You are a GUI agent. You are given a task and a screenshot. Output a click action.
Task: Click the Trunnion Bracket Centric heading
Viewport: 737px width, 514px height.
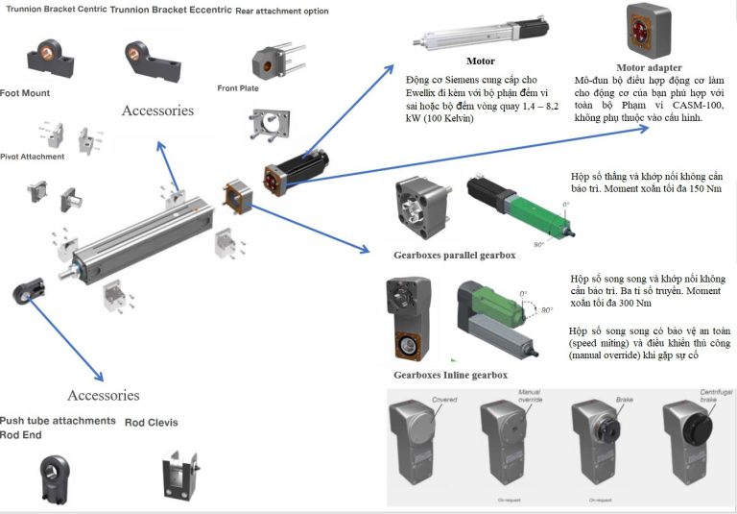tap(53, 10)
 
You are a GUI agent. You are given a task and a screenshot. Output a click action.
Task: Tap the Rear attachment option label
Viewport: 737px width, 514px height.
tap(281, 12)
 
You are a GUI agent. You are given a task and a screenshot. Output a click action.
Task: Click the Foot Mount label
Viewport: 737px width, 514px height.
tap(26, 93)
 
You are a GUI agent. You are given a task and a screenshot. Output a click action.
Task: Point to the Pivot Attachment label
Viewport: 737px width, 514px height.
tap(33, 156)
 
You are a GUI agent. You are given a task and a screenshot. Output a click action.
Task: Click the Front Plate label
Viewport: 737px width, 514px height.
tap(238, 87)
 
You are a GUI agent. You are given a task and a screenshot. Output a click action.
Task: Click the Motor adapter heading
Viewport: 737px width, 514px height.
tap(649, 67)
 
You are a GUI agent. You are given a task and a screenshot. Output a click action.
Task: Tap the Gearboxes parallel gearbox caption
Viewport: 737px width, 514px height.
tap(455, 256)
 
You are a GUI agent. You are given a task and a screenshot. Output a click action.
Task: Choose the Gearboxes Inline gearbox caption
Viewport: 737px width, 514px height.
tap(450, 374)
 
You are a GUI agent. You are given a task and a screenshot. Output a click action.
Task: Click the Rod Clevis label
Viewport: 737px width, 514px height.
tap(152, 422)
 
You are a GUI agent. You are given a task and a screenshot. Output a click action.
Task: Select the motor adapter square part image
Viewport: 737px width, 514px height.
tap(648, 30)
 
